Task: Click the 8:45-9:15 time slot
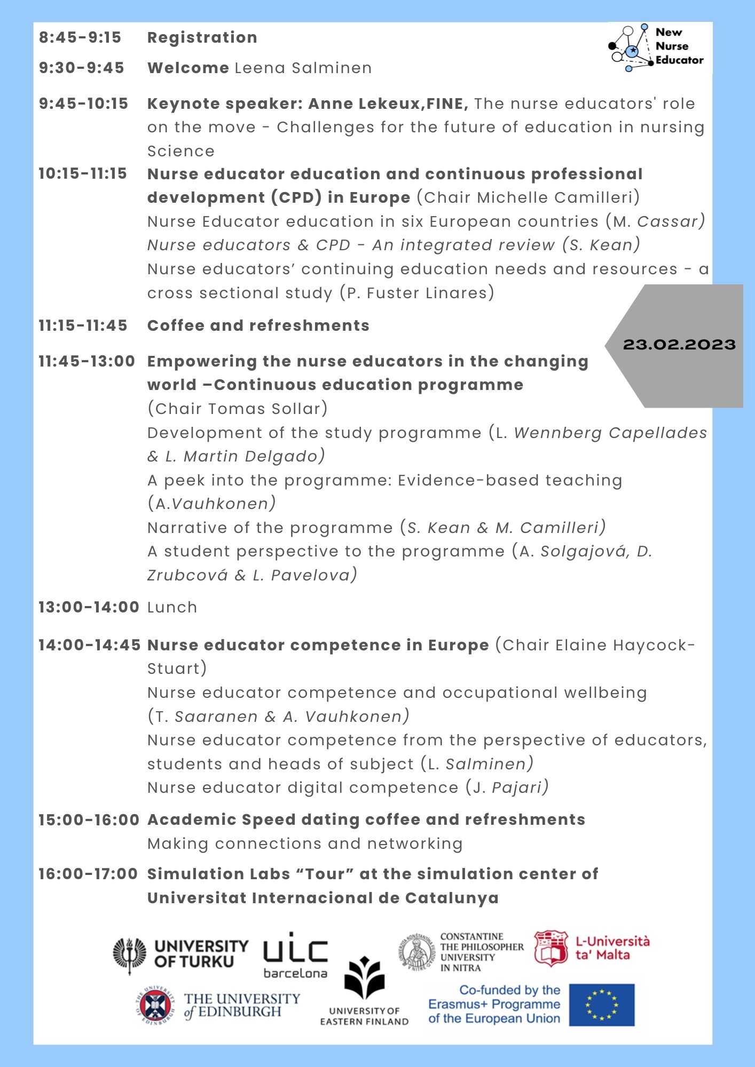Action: pos(80,37)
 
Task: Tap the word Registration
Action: pos(202,37)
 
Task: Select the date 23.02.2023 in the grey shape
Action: pos(679,345)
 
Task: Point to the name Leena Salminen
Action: pos(303,68)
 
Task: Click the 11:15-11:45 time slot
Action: pos(83,325)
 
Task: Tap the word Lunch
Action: pos(172,607)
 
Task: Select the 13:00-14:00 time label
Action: pos(89,607)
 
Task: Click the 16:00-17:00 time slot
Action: pos(88,874)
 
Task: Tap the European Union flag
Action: pos(601,1005)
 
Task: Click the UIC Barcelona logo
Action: pos(295,955)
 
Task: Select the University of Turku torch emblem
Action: pos(129,954)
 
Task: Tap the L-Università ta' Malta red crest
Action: pos(550,948)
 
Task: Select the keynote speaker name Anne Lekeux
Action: pos(364,103)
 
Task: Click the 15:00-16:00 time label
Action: pos(89,819)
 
